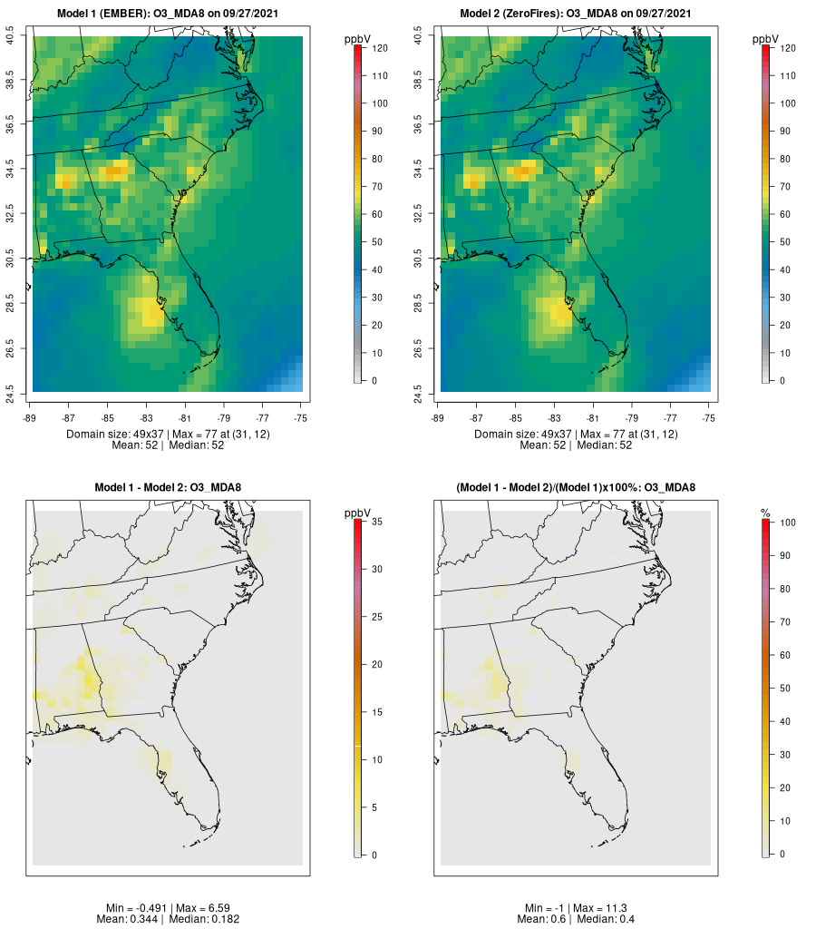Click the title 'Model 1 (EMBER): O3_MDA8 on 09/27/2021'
point(168,13)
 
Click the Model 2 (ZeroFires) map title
point(576,13)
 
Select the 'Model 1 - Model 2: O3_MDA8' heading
point(168,487)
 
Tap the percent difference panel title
point(576,487)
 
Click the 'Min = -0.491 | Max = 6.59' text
point(168,907)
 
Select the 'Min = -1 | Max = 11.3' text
point(576,907)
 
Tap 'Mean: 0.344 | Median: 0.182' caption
point(168,919)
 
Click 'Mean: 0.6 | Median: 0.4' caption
point(576,919)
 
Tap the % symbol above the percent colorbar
point(765,513)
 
